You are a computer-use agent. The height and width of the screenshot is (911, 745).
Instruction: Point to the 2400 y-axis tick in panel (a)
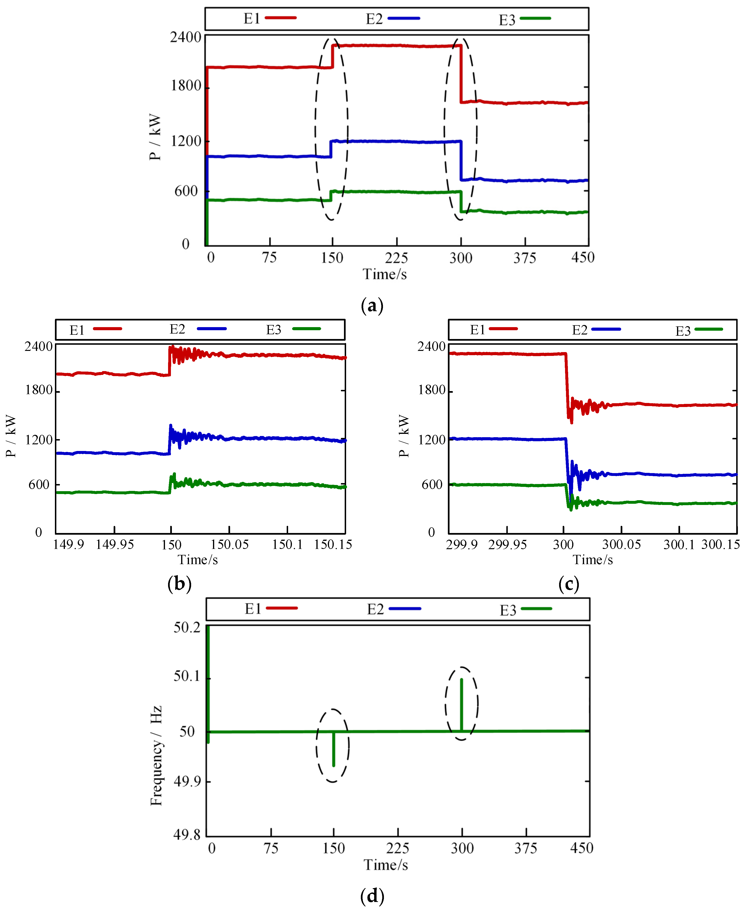tap(185, 38)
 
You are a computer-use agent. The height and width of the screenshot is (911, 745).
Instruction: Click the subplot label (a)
tap(372, 306)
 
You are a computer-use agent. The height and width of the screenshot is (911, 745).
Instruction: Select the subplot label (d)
tap(372, 896)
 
